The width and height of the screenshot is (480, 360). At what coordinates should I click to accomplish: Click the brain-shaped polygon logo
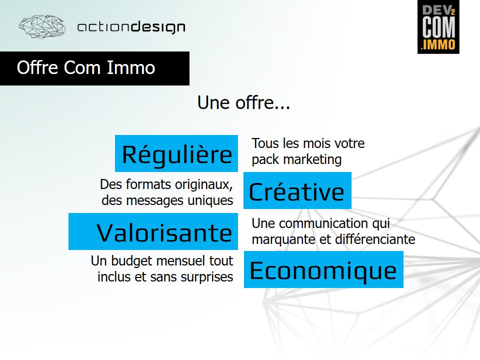(42, 26)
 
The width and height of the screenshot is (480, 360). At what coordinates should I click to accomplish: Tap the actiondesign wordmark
(131, 27)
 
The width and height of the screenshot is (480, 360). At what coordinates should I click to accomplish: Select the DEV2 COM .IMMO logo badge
(438, 27)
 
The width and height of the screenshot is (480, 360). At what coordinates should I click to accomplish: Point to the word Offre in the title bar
(37, 67)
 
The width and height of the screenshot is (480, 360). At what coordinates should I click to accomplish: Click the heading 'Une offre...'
(243, 102)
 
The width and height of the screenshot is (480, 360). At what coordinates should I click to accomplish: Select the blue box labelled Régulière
(176, 153)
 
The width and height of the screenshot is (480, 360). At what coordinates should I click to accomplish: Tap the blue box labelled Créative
(297, 190)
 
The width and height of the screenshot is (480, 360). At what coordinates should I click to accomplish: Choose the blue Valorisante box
(153, 231)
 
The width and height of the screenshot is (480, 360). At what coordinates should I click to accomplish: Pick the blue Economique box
(323, 269)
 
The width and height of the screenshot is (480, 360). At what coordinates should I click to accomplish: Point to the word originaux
(204, 184)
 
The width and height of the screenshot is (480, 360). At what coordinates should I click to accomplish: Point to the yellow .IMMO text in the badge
(438, 44)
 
